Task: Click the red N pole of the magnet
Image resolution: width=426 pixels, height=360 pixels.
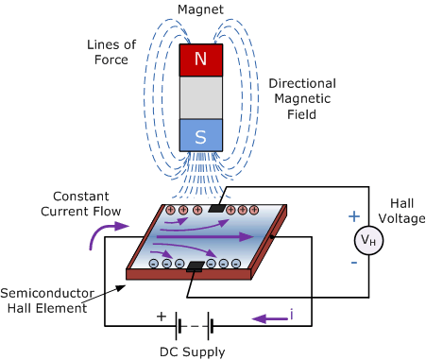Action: (201, 60)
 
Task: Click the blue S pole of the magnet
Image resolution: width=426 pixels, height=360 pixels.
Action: (201, 136)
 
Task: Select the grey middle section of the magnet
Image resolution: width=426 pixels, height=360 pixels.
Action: (201, 97)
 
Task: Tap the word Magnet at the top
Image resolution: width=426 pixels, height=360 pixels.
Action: (201, 9)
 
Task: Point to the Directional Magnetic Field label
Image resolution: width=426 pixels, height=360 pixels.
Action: (299, 97)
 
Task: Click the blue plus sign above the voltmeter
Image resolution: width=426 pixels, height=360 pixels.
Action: (354, 216)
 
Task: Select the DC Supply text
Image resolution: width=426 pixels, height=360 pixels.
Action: (194, 351)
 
